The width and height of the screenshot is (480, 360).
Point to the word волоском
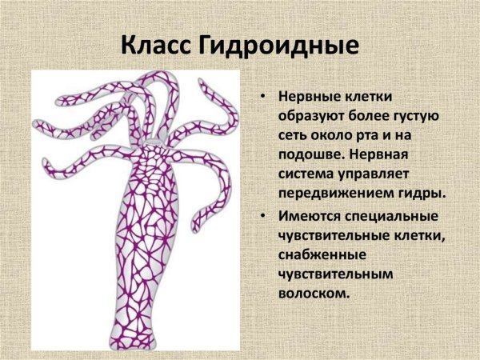coord(314,294)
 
